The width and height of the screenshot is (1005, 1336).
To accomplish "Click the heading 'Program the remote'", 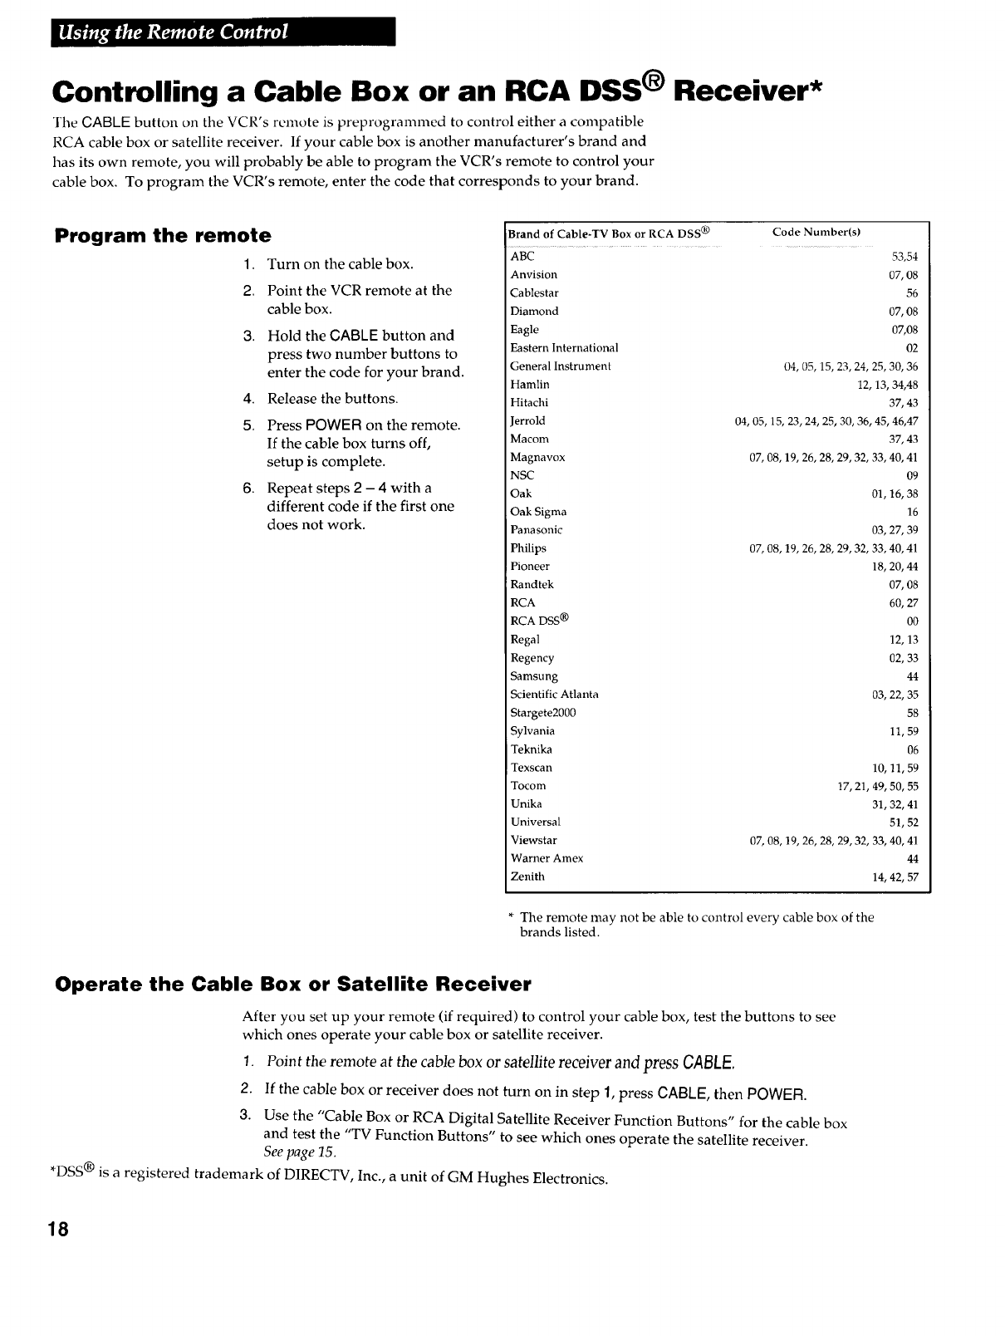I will (x=163, y=235).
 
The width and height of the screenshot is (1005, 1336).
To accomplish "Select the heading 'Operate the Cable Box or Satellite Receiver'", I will (x=292, y=985).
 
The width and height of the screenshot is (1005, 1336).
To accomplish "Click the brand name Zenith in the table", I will (x=527, y=877).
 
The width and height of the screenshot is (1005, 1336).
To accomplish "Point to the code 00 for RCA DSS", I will (x=912, y=621).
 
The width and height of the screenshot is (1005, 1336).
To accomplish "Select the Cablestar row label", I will (x=534, y=293).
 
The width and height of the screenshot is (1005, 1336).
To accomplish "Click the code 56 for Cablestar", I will (x=912, y=293).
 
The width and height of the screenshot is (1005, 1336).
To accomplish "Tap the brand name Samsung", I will (x=534, y=676).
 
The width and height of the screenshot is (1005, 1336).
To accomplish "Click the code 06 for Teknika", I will (x=912, y=749).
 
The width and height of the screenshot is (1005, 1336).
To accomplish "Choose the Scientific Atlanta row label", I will (x=554, y=695).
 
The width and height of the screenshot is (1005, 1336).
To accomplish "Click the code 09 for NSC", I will (x=912, y=476).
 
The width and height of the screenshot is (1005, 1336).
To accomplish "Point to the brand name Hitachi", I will (x=529, y=403).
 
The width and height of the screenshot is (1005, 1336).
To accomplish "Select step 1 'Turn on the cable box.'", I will (x=340, y=264).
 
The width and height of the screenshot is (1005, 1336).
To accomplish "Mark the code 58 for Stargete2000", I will (x=912, y=713).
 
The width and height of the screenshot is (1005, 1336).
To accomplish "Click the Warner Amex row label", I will (x=547, y=858).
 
